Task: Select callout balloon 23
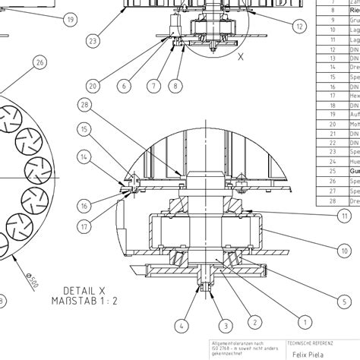[93, 40]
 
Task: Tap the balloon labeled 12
[300, 26]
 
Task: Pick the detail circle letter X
[241, 55]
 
